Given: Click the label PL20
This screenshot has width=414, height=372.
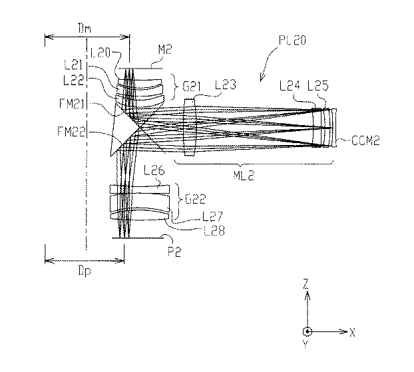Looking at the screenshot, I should click(x=293, y=41).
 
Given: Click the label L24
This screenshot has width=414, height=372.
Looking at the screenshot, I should click(x=290, y=85).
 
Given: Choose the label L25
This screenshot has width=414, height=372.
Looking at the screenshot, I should click(x=318, y=85).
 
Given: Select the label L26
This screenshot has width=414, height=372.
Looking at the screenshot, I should click(x=154, y=170).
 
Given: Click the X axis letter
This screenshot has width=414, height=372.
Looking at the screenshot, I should click(x=352, y=332).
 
